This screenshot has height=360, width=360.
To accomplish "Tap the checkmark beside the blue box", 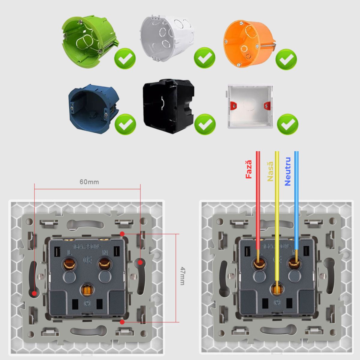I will (125, 124).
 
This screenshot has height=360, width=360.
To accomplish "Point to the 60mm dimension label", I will (89, 182).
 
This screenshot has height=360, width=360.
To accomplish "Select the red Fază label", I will (249, 169).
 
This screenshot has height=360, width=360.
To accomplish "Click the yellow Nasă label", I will (270, 171).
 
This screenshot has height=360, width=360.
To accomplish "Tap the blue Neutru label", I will (288, 171).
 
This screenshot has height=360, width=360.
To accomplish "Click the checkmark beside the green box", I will (125, 58).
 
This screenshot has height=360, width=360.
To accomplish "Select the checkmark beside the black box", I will (205, 124).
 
